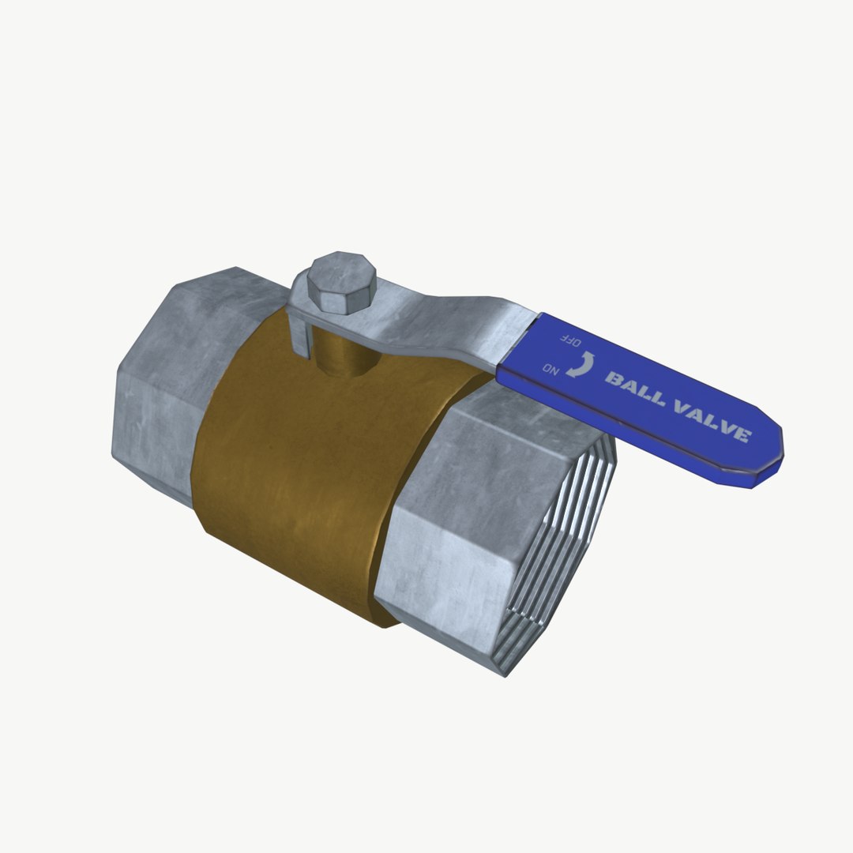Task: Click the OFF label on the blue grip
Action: point(570,341)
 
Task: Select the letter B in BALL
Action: point(613,380)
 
